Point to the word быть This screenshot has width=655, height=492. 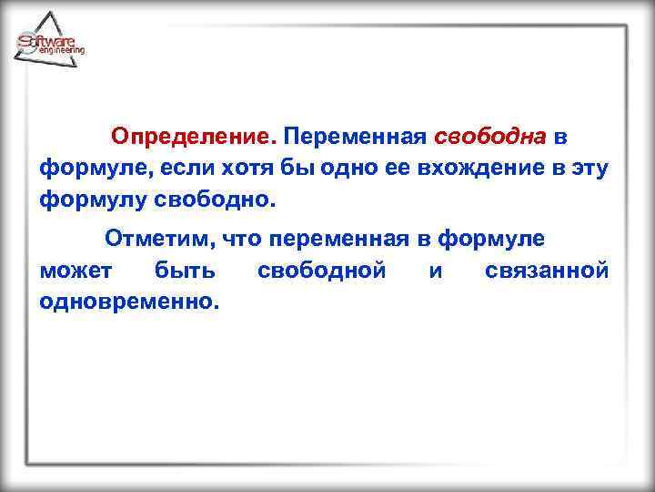point(185,271)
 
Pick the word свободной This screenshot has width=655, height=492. point(322,271)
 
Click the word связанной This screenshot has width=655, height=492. point(547,271)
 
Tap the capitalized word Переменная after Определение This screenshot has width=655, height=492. point(355,137)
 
